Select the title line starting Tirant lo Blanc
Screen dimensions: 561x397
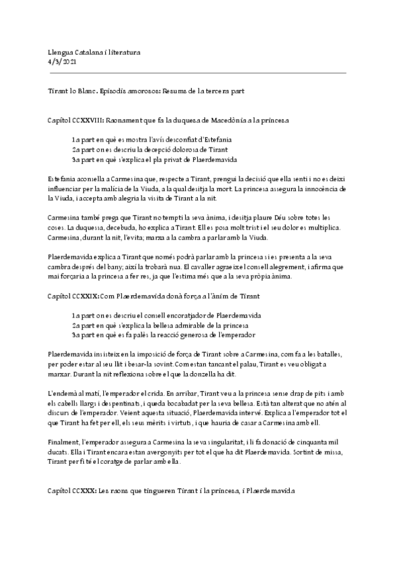click(x=150, y=89)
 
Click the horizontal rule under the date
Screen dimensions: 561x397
click(x=198, y=73)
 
